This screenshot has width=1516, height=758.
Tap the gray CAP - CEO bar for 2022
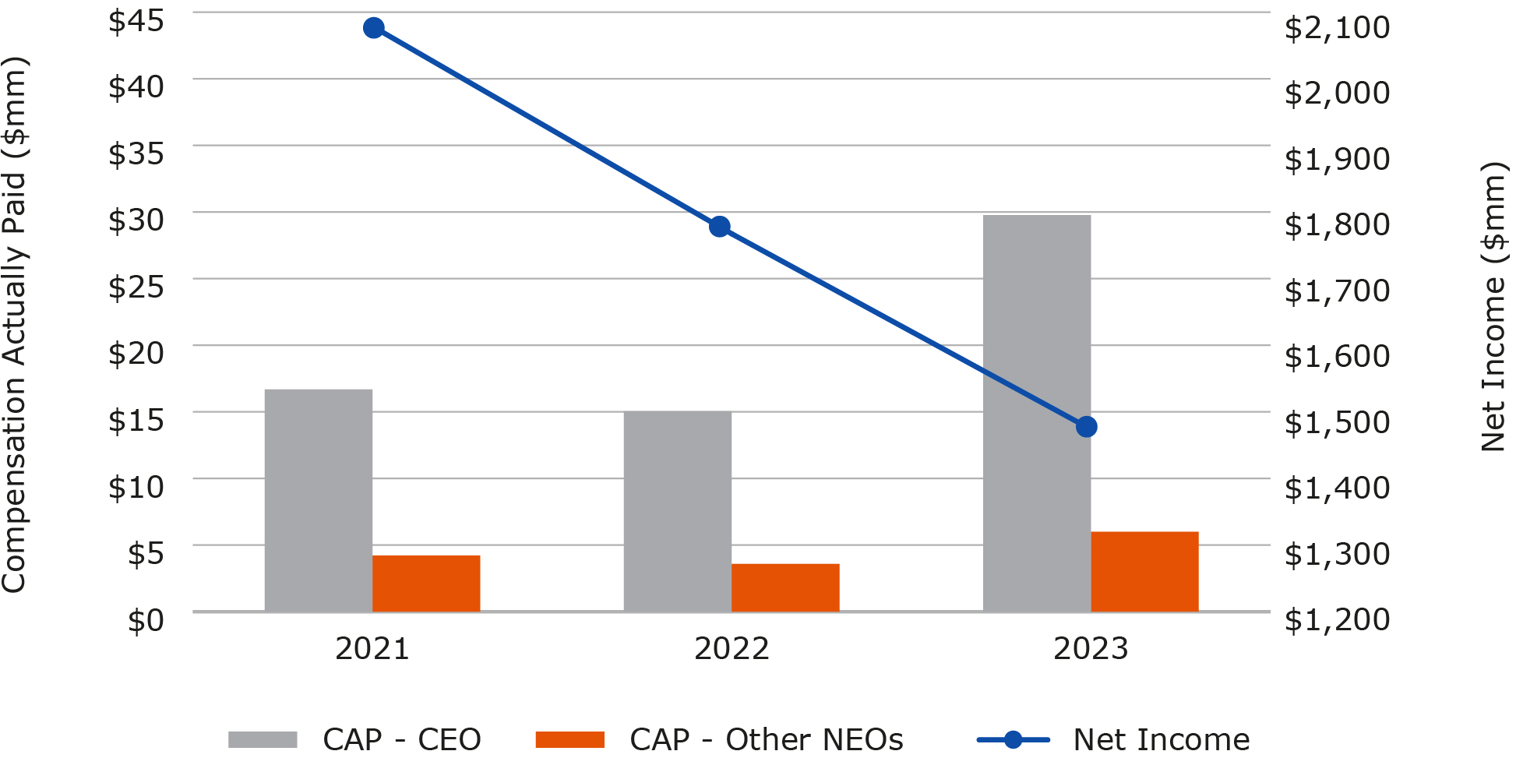(x=677, y=511)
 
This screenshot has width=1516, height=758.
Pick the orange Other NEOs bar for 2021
(x=426, y=583)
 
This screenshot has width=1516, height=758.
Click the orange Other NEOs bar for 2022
(x=785, y=587)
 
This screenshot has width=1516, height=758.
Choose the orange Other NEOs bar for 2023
(x=1144, y=572)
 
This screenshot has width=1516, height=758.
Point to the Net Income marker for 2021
(x=374, y=28)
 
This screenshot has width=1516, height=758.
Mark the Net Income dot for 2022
(x=720, y=227)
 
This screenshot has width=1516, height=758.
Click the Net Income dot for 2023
(x=1087, y=427)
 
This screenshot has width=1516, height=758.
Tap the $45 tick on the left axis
(x=136, y=20)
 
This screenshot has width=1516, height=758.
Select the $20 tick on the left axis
(x=136, y=353)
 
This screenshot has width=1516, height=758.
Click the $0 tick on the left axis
(x=146, y=620)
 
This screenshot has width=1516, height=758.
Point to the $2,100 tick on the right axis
(x=1337, y=27)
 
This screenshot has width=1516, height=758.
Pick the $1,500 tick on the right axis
(x=1337, y=422)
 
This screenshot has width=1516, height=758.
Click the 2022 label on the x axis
(x=732, y=648)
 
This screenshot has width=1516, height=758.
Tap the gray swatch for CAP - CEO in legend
(x=263, y=739)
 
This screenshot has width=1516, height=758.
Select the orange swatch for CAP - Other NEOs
(x=569, y=739)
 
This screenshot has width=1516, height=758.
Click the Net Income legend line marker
(x=1013, y=739)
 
